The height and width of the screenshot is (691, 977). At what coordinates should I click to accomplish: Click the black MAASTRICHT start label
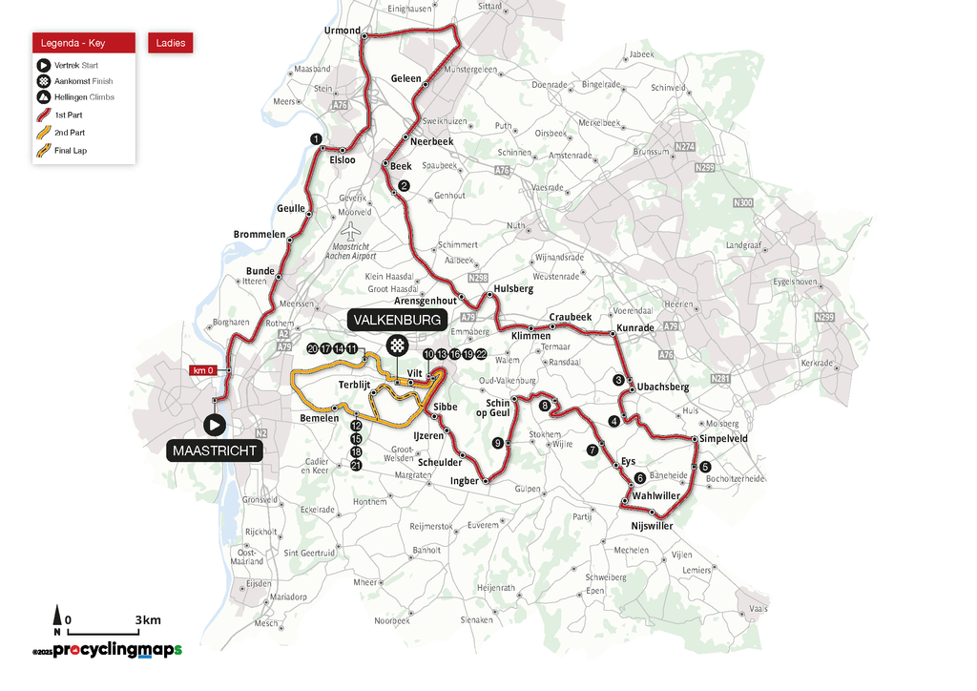[x=216, y=450]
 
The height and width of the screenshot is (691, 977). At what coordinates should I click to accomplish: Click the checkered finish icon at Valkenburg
[x=396, y=345]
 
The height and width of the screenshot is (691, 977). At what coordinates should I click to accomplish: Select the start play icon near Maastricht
[x=215, y=424]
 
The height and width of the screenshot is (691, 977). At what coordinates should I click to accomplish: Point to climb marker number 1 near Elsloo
[x=315, y=139]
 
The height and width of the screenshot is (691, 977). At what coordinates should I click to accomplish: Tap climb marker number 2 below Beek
[x=404, y=186]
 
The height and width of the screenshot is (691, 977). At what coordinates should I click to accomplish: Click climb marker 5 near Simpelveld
[x=705, y=467]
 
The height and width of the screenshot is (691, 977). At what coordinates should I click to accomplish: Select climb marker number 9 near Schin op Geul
[x=497, y=443]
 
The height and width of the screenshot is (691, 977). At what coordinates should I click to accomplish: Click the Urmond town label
[x=343, y=31]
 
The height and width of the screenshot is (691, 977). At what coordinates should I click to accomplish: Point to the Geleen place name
[x=405, y=78]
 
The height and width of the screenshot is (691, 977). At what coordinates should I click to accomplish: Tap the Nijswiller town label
[x=652, y=526]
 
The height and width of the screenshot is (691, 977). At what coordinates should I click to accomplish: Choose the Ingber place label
[x=464, y=481]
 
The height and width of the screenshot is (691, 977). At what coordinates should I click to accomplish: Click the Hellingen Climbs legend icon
[x=43, y=97]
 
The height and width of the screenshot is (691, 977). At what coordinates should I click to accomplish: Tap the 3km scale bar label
[x=148, y=620]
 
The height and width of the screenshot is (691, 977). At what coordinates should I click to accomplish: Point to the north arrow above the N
[x=57, y=615]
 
